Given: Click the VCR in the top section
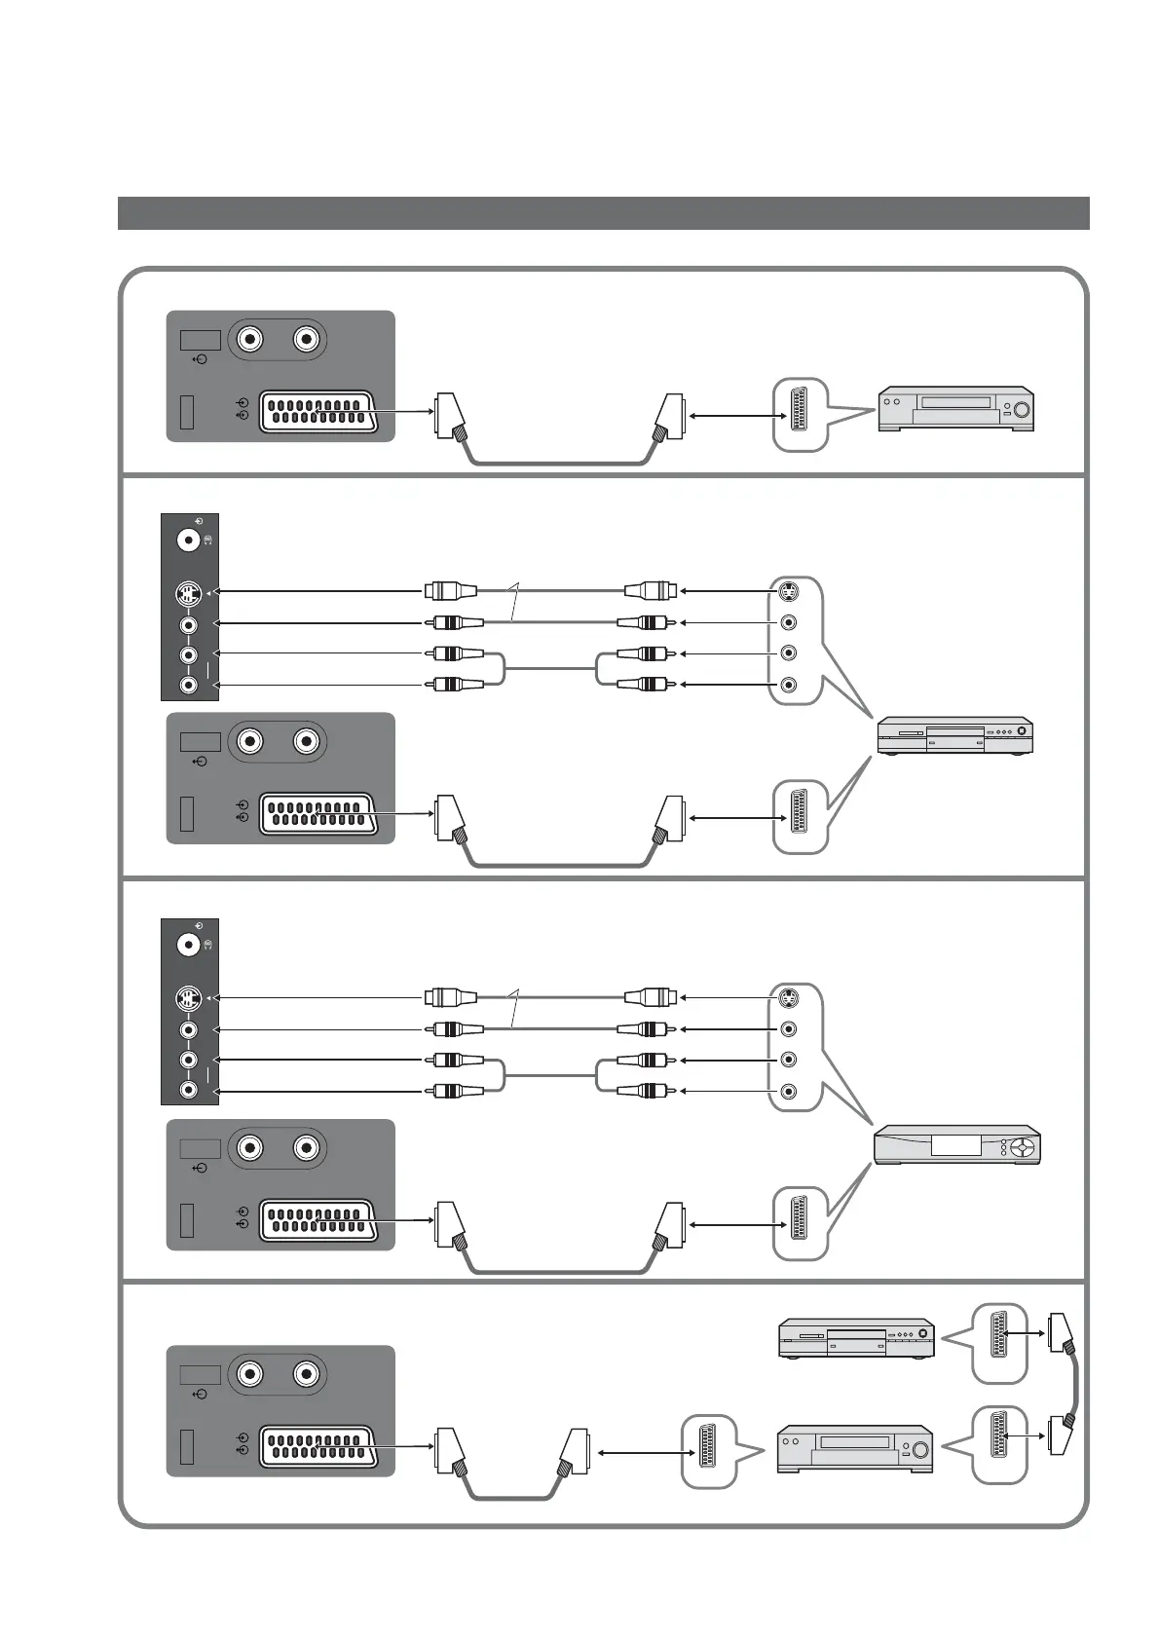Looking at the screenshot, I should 955,409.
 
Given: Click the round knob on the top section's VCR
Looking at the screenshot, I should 1021,409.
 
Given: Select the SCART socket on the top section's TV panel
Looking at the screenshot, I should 317,412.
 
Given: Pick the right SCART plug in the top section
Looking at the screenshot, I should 671,417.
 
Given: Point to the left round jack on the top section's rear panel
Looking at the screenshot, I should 251,340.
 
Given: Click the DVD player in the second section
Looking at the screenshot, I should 954,736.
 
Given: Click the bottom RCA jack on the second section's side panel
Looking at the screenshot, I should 188,686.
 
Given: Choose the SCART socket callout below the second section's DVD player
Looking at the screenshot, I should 800,818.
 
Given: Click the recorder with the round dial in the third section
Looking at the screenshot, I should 957,1145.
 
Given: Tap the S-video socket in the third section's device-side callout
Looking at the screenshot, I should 789,997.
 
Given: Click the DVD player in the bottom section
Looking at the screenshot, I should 856,1337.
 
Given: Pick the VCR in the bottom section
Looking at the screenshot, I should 855,1448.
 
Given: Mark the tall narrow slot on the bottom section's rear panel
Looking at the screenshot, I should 187,1447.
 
